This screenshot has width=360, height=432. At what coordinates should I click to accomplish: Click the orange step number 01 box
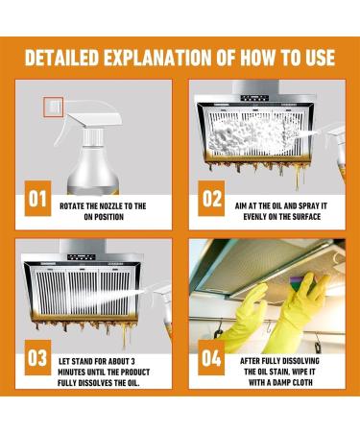click(37, 199)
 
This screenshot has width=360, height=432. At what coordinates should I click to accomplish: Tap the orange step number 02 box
click(211, 199)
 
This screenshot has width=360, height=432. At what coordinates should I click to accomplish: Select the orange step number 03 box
click(37, 357)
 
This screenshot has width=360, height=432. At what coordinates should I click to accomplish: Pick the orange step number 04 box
click(211, 357)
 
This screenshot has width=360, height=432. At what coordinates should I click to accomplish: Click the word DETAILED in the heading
click(61, 58)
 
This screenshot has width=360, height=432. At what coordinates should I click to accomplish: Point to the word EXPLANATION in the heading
click(157, 58)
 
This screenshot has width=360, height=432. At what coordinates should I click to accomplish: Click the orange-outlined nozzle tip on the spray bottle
click(53, 108)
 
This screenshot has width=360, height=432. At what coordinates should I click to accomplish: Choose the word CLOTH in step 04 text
click(300, 382)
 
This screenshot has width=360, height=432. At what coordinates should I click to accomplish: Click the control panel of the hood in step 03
click(82, 256)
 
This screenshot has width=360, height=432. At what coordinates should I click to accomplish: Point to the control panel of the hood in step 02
click(254, 98)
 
